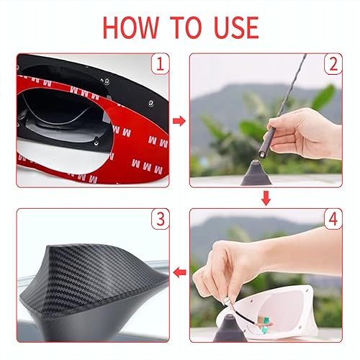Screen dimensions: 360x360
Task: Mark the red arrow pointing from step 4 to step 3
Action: pos(180,273)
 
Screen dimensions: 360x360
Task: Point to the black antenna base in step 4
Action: pos(230,333)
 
